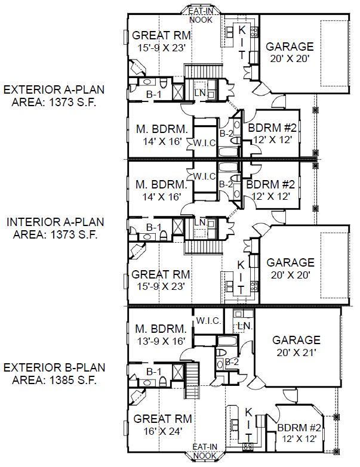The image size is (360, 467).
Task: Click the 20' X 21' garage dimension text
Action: coord(296,352)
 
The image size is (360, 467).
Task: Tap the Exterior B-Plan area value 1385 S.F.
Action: coord(73,380)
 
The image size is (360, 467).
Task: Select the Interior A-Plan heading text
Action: coord(56,222)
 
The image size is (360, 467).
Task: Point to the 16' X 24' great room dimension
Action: coord(163,431)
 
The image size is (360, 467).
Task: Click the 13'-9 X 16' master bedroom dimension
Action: coord(162,341)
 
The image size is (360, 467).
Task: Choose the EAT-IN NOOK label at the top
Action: coord(201,16)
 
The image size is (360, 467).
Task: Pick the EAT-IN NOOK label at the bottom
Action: coord(205,451)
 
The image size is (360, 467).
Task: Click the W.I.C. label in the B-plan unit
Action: coord(208,321)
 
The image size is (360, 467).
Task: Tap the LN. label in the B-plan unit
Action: coord(245,326)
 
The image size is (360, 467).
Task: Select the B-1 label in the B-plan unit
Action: coord(154,372)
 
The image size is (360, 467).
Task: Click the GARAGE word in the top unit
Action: coord(290,47)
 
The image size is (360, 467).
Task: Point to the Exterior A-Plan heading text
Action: coord(54,89)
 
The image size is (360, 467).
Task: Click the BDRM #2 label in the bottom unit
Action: coord(299,428)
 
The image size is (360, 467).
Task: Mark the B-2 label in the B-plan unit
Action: coord(232,362)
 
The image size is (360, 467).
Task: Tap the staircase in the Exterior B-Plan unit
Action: coord(192,381)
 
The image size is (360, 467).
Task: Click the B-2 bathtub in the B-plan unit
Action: coord(227,341)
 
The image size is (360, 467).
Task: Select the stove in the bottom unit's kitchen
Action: coord(248,447)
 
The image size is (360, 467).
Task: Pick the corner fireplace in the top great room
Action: coord(137,67)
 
